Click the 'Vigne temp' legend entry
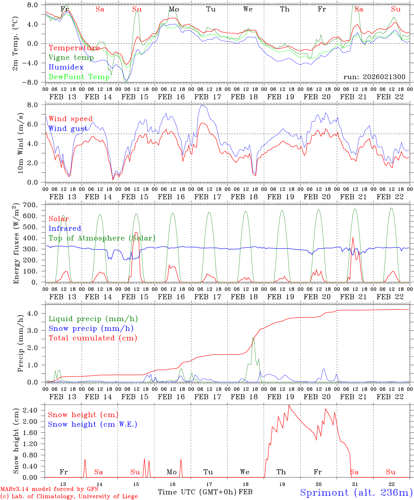(x=71, y=58)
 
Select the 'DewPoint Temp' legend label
(x=79, y=77)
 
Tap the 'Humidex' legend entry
(x=66, y=67)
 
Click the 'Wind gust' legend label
(x=68, y=128)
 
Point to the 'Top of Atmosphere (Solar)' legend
(x=102, y=238)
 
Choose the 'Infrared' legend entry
(x=65, y=228)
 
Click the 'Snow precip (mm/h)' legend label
(x=91, y=328)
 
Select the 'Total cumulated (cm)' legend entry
(x=93, y=338)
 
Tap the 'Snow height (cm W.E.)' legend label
(x=92, y=424)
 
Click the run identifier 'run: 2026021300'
(x=374, y=77)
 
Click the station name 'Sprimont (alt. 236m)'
(x=356, y=492)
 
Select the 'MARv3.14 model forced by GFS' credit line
(x=49, y=489)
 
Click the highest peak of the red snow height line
(x=289, y=405)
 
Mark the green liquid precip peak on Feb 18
(x=253, y=337)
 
